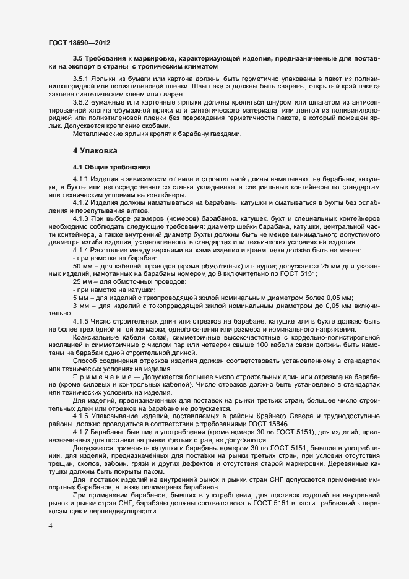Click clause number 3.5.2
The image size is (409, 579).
click(x=82, y=101)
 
